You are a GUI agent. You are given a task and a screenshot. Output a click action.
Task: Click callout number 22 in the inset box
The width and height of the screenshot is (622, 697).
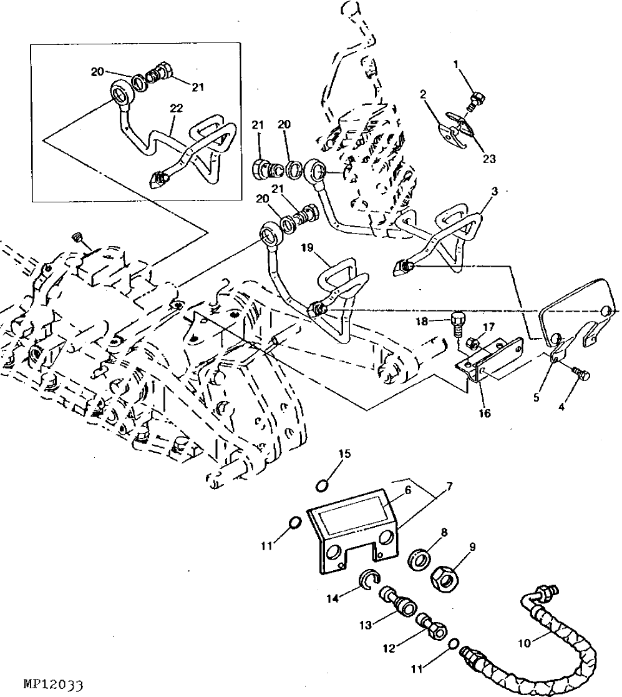176,108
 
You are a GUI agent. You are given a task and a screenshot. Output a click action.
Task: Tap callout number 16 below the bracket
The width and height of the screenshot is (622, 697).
484,413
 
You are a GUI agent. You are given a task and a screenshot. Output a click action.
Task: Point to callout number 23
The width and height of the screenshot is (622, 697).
488,159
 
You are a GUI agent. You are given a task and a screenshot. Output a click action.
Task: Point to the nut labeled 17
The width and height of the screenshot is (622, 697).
473,342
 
